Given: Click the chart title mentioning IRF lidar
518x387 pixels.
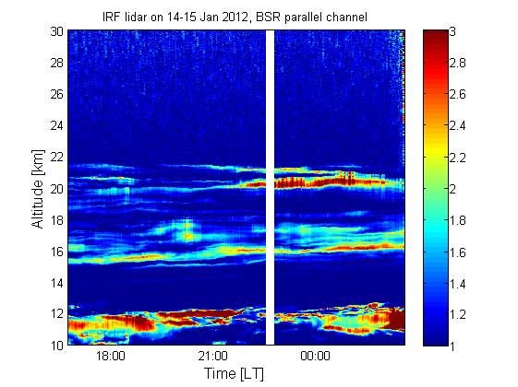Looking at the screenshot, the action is (235, 17).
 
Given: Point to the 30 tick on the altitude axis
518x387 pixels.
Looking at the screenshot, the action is (57, 31).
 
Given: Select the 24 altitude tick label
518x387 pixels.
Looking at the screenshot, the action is (57, 125).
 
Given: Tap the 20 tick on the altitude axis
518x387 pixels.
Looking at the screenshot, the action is (57, 189).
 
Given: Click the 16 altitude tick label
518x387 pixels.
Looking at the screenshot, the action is (57, 252).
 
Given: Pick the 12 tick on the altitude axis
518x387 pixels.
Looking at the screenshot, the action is (57, 313).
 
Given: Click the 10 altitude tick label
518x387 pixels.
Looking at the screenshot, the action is (57, 345).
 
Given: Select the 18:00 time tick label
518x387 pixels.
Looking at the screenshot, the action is (111, 357).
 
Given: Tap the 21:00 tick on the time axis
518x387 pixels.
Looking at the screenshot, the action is (212, 357).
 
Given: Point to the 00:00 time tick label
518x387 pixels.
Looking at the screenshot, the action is (315, 357).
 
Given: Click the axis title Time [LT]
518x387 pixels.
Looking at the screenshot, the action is (235, 374).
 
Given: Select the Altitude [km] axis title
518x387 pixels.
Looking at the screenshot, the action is (38, 189).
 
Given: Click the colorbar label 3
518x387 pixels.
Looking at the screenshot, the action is (452, 31).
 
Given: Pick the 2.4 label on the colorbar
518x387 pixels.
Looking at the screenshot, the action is (457, 125).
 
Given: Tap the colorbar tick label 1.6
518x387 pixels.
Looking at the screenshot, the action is (457, 252).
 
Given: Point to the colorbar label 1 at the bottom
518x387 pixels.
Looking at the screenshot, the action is (452, 346).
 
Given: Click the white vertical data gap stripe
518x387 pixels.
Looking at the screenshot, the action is (271, 188).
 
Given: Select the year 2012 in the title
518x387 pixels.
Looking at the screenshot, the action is (235, 17).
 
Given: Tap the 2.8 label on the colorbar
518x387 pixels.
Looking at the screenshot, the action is (457, 63).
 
